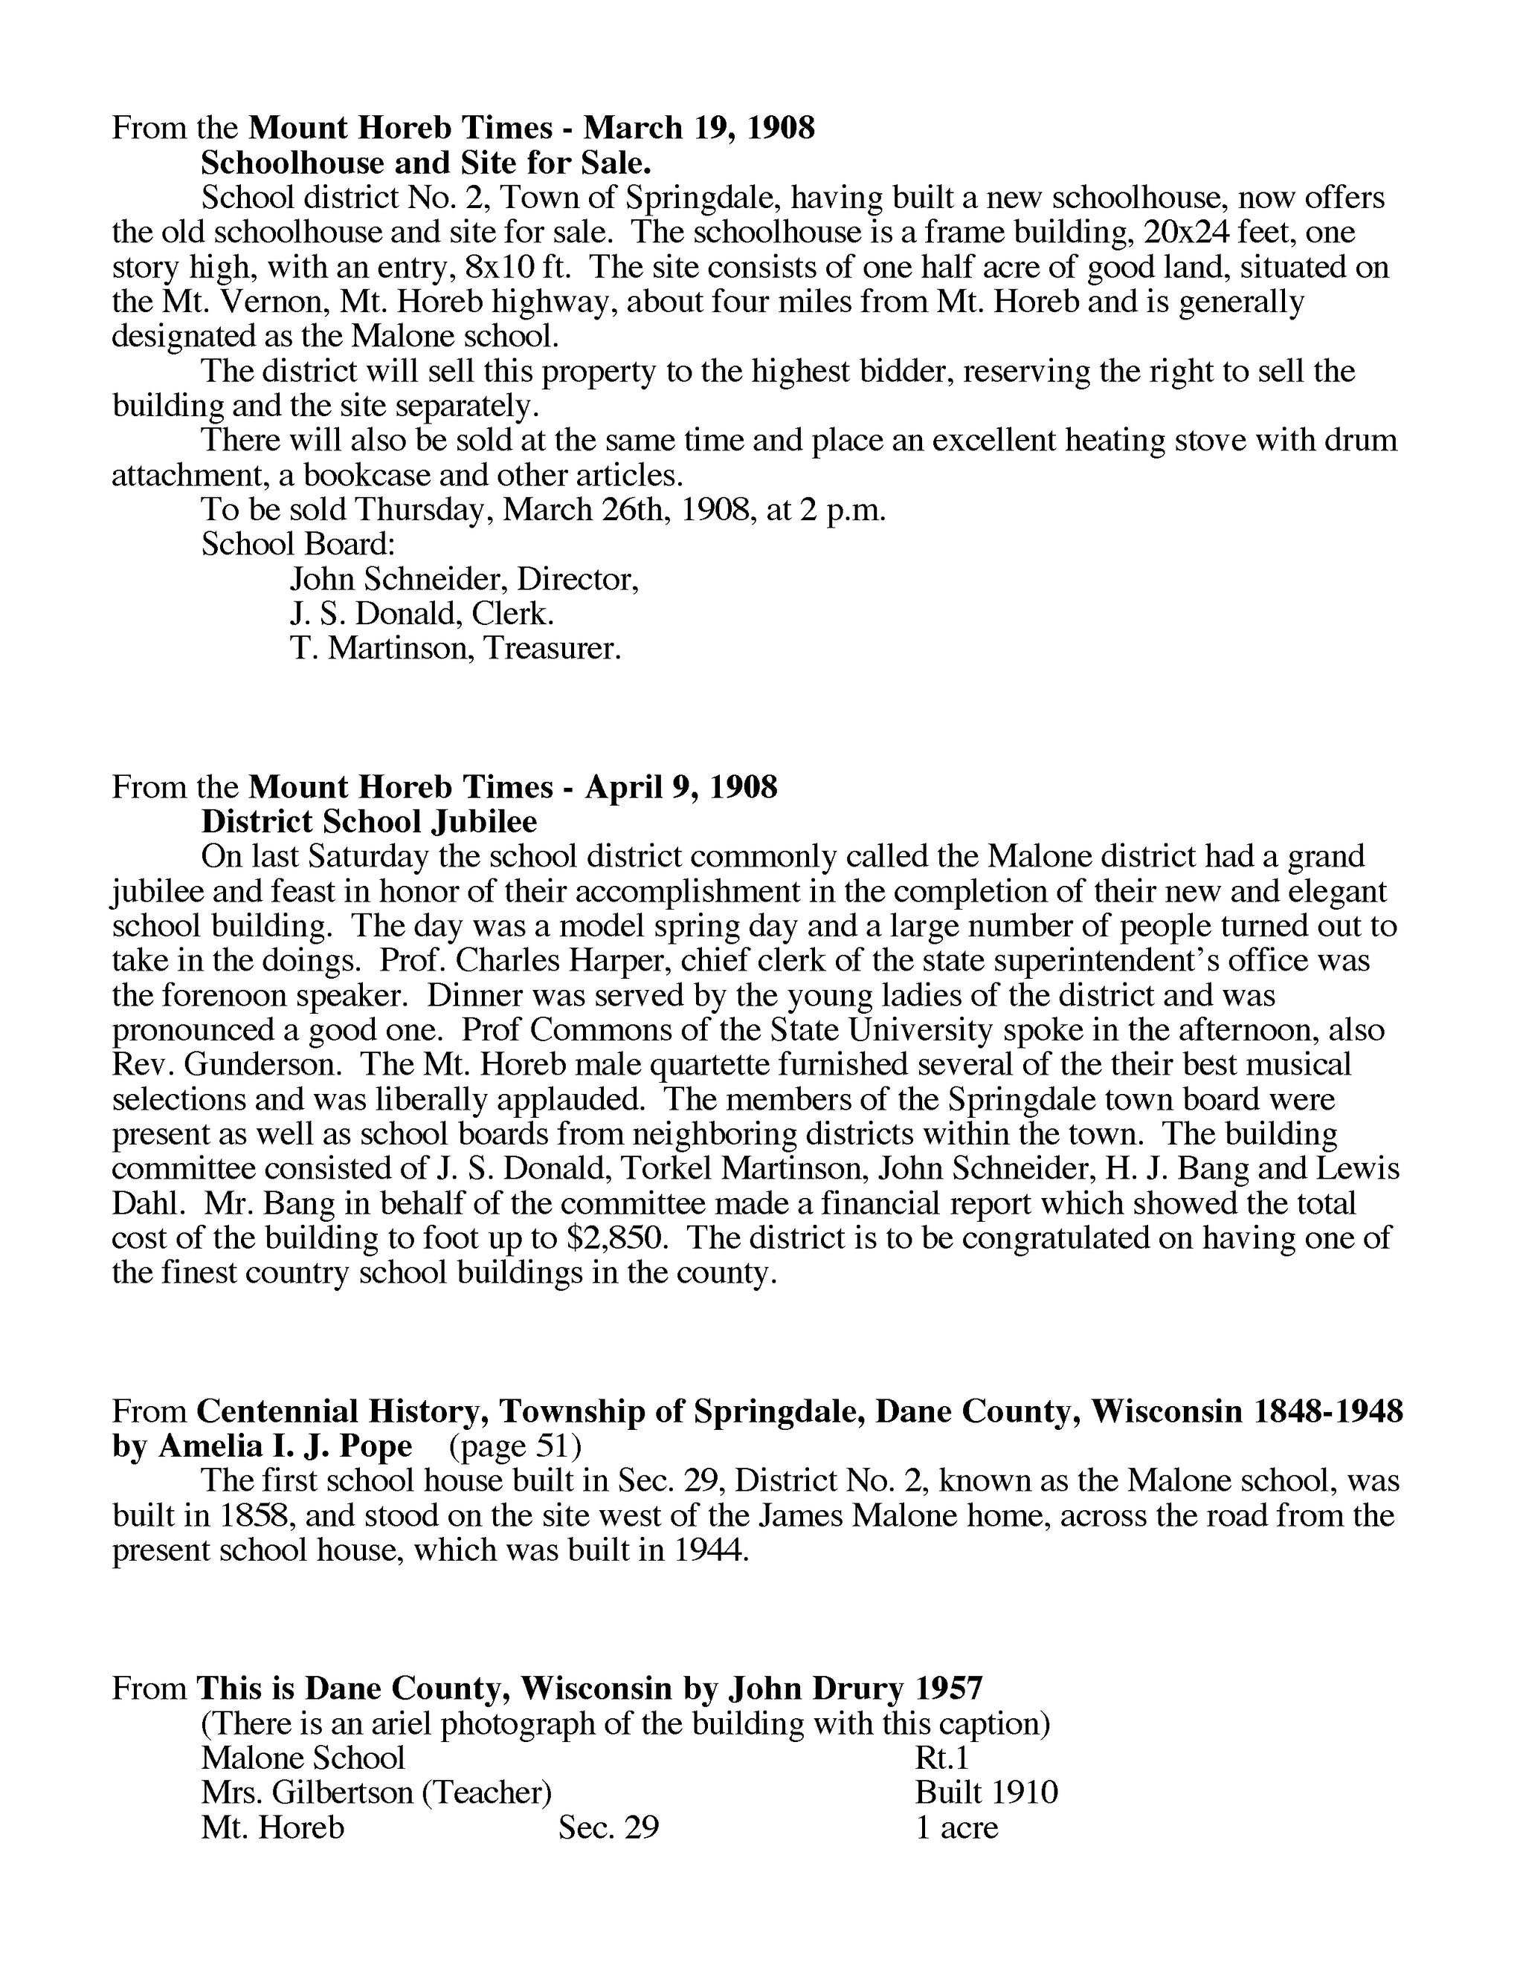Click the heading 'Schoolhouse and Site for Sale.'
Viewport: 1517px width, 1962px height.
point(425,163)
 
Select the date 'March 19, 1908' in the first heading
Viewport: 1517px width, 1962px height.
point(698,128)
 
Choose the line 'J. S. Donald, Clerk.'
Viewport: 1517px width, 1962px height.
point(422,614)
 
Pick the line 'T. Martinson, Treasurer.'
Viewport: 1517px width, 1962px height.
point(456,648)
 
